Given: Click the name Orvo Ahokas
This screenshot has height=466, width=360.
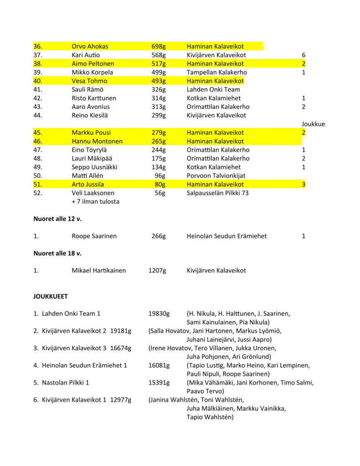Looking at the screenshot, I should point(90,46).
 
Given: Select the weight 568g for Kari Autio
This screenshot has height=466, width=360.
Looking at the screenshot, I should point(158,55).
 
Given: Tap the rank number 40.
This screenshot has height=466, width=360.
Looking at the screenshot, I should point(38,81).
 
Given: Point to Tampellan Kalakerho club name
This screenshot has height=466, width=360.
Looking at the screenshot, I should point(213,72).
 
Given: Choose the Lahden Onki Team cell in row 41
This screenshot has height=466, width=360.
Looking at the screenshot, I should point(213,90).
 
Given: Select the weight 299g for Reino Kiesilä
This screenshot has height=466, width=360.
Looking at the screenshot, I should point(158,116).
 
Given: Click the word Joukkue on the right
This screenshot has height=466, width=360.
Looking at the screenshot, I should point(313,124).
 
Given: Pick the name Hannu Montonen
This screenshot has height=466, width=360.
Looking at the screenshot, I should point(97,142).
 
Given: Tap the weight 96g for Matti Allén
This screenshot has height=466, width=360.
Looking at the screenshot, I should point(160,176).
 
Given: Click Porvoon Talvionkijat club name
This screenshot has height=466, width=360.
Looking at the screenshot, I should point(216,176).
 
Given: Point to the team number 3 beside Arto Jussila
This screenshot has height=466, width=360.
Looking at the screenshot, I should point(303,184).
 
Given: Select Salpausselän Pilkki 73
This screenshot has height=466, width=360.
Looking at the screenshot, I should point(218,193).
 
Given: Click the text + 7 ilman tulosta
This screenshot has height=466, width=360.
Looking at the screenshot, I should point(96,202).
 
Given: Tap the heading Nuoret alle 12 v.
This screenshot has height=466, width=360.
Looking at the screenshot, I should point(57,219).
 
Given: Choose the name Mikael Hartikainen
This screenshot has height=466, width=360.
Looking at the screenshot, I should point(99,271).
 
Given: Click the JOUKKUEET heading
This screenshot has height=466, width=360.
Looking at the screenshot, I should point(51,296).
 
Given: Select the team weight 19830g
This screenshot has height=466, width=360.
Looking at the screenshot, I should point(159,314).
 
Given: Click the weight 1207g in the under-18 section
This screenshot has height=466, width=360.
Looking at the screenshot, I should point(157,271).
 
